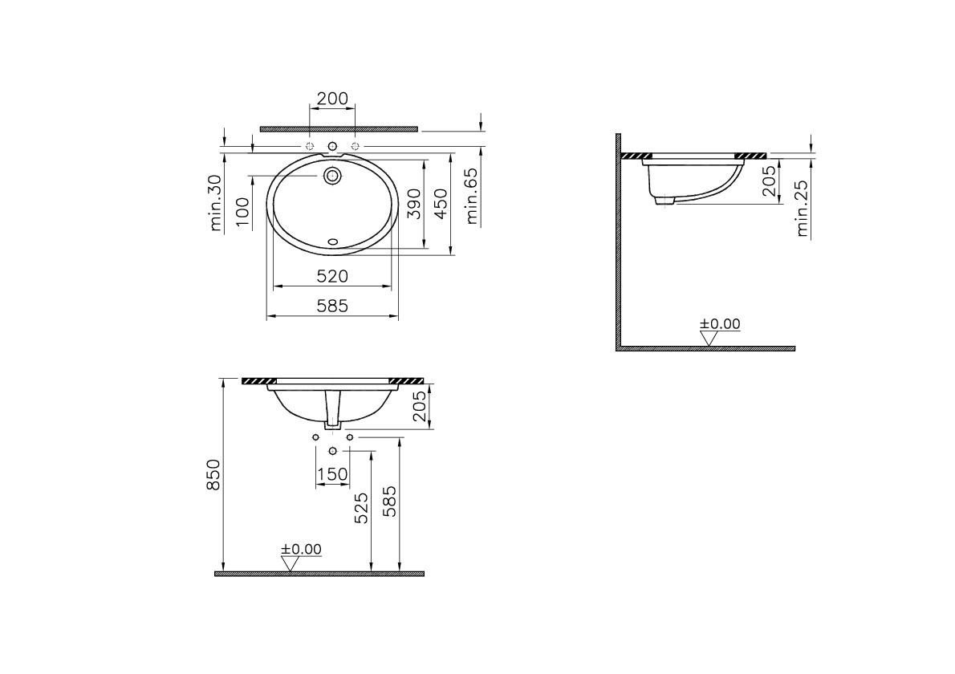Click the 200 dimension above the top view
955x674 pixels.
332,98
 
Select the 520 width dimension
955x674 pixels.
332,276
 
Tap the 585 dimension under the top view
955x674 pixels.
332,306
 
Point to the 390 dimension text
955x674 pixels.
414,204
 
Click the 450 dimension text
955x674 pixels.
441,204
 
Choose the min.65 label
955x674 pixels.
473,196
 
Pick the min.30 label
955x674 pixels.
216,203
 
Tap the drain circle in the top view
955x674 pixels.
332,176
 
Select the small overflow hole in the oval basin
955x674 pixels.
332,242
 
